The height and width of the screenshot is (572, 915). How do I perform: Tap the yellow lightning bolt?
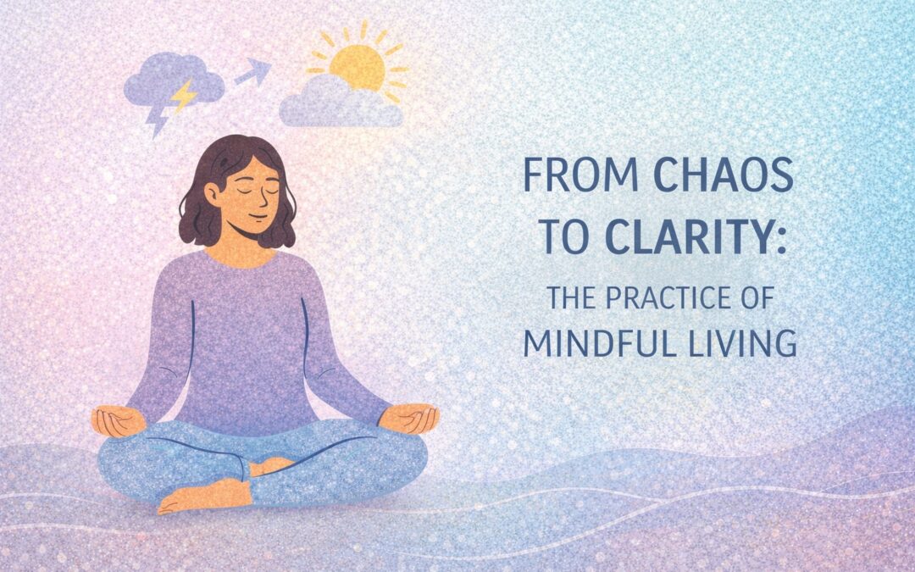tap(182, 96)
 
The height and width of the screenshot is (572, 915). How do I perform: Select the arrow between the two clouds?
tap(252, 73)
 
